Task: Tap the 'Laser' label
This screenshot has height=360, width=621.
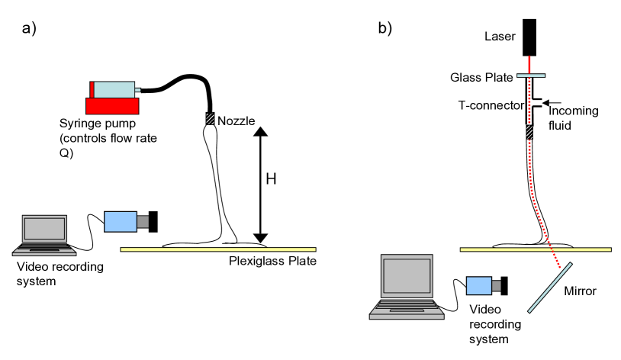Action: (500, 37)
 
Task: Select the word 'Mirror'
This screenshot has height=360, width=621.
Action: (579, 291)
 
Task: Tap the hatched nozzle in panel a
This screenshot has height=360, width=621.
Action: (209, 119)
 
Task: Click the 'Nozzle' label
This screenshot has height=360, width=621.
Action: (236, 121)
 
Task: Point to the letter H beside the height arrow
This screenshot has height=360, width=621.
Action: (270, 180)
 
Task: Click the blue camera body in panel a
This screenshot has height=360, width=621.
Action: (121, 220)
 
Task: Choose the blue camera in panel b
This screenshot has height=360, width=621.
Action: (479, 284)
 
